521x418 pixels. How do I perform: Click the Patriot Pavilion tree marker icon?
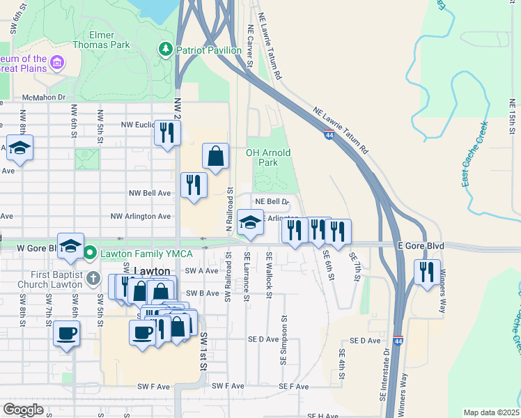point(166,49)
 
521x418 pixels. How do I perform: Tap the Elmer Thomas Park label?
point(110,40)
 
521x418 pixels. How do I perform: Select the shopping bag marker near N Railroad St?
point(216,157)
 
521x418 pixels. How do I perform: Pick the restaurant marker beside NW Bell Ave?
point(193,185)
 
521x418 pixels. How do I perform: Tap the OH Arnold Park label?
point(268,157)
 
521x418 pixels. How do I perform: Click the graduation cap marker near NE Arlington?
point(250,223)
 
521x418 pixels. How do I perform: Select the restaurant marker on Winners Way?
point(427,271)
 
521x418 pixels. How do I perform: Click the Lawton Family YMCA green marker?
point(90,251)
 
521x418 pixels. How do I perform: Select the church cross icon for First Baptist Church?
point(94,280)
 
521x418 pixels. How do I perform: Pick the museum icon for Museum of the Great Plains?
point(56,64)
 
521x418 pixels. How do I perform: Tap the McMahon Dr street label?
point(43,98)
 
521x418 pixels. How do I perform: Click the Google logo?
point(23,410)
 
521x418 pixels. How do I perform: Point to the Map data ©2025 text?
point(491,412)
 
